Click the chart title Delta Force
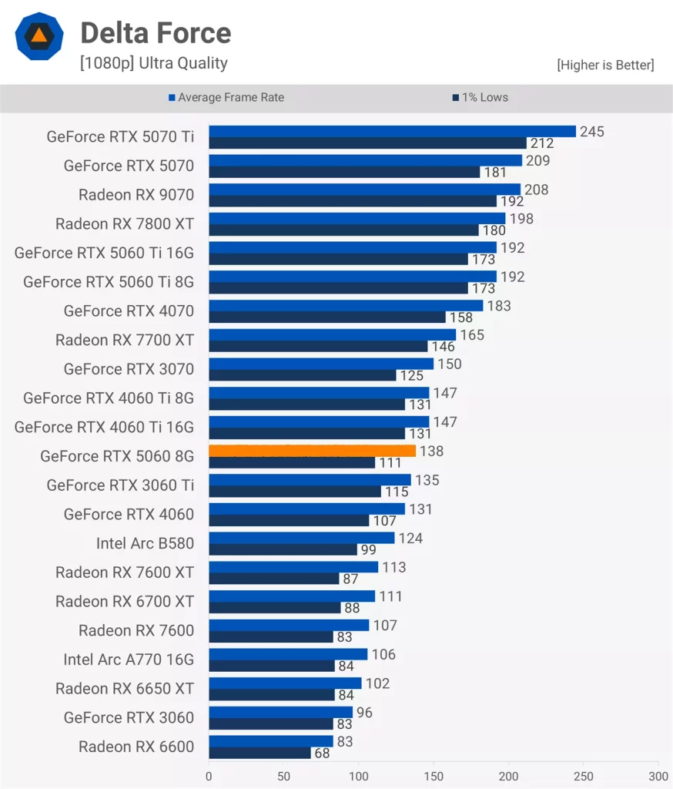tap(156, 33)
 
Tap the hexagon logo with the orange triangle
tap(38, 36)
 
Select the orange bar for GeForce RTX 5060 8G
tap(312, 451)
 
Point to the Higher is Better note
tap(605, 65)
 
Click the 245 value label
tap(592, 132)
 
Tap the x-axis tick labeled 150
tap(434, 775)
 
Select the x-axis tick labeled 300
tap(658, 775)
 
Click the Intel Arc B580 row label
tap(145, 543)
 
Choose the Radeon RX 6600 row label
tap(136, 746)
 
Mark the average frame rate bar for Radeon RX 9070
tap(364, 190)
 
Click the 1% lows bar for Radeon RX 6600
tap(259, 753)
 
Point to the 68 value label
tap(322, 754)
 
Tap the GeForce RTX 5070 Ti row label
tap(120, 137)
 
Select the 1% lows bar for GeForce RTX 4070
tap(327, 317)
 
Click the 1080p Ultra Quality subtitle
tap(153, 64)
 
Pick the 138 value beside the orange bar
tap(431, 452)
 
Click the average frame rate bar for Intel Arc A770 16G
tap(288, 654)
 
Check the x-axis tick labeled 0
tap(209, 775)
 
